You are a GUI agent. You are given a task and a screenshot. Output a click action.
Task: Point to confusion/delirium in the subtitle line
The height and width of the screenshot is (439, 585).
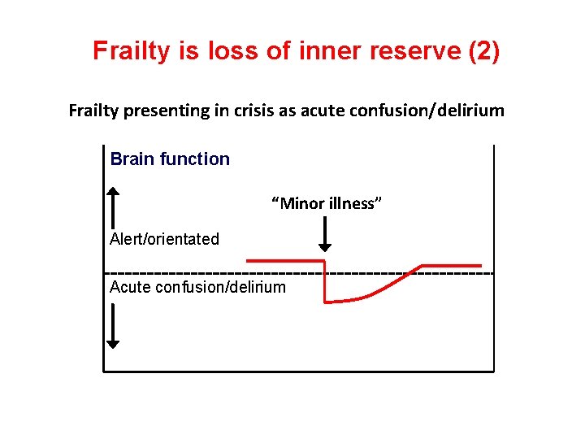[427, 111]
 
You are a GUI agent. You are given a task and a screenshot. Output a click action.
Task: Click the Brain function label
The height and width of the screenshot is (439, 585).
[170, 159]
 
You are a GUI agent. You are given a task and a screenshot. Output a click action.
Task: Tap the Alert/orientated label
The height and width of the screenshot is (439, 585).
[165, 239]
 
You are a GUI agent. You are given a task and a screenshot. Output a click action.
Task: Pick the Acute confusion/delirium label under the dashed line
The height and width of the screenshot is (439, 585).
[197, 287]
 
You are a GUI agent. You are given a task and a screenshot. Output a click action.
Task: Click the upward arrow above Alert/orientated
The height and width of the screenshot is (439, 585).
[114, 207]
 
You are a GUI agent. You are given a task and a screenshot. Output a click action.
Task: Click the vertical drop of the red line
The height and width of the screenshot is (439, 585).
[325, 281]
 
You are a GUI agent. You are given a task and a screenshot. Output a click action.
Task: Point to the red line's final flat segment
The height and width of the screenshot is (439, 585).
[451, 265]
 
